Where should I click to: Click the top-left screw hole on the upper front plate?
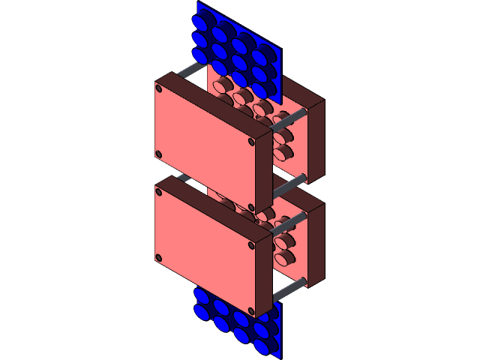159,88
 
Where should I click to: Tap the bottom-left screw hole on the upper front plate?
159,154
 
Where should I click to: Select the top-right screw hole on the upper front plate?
251,140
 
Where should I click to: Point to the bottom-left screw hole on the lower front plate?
159,259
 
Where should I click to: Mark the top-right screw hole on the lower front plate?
251,244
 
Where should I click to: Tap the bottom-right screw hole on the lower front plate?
251,310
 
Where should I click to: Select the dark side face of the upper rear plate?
316,142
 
